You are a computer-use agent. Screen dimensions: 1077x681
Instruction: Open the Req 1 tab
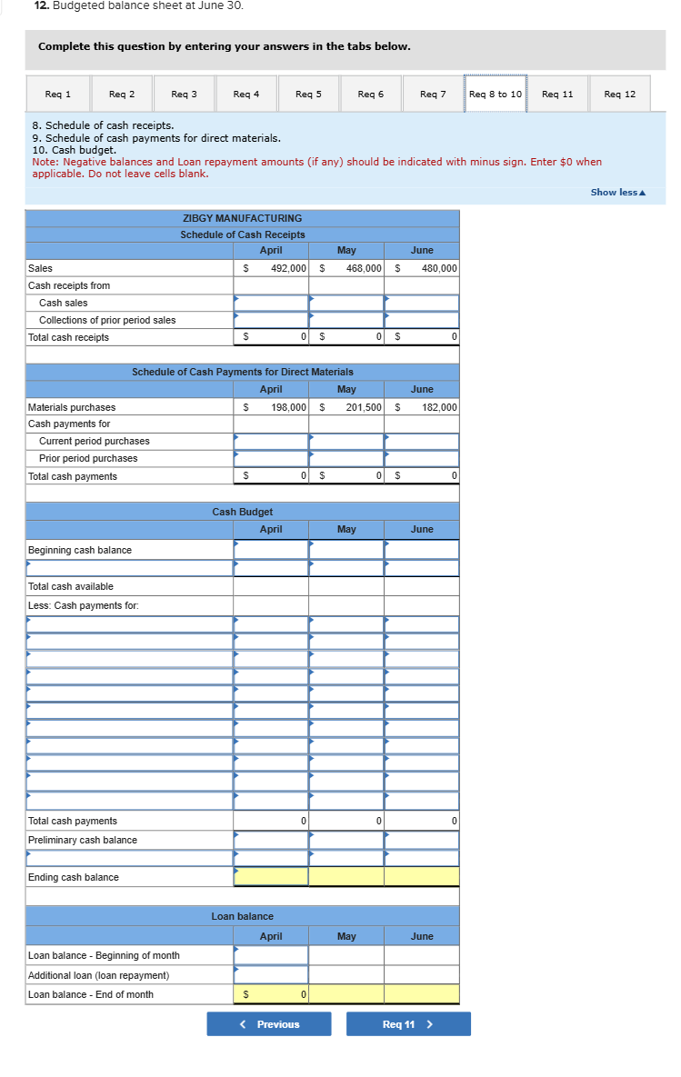57,95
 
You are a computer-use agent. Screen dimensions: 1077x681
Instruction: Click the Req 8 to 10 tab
496,95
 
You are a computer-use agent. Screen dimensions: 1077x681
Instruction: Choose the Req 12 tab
620,95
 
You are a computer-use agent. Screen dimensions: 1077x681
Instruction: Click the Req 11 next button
408,1024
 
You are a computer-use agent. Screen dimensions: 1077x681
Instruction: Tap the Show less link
617,192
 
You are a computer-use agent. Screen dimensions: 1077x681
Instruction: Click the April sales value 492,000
288,268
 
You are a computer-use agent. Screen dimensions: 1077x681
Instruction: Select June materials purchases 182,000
439,407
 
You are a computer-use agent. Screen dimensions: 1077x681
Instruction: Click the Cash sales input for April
271,303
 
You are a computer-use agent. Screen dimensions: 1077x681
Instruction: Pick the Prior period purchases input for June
421,458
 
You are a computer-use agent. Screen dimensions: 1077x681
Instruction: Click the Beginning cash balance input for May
346,550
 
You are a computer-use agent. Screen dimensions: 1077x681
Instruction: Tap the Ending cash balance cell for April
271,877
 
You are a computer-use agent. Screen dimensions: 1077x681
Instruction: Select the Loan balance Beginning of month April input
271,955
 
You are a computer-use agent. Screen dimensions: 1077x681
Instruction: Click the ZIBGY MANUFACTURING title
243,218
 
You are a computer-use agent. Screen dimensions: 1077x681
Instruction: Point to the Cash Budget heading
243,512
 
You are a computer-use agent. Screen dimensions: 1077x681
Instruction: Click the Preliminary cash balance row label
83,840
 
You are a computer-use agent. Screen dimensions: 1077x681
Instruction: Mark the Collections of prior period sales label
107,320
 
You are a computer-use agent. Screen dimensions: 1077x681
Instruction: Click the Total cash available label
71,586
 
